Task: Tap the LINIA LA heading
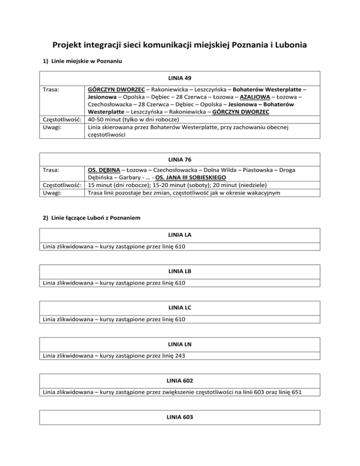pyautogui.click(x=180, y=233)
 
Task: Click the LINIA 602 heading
pyautogui.click(x=180, y=379)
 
